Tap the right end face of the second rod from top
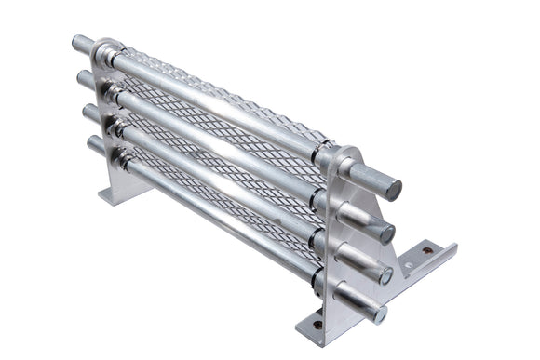click(x=386, y=233)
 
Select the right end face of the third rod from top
click(x=384, y=274)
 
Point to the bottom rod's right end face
click(x=380, y=314)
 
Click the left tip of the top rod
click(x=76, y=42)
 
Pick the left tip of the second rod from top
click(x=82, y=78)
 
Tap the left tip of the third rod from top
click(x=87, y=113)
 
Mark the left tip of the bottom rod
click(x=91, y=144)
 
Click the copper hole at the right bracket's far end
click(x=427, y=250)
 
